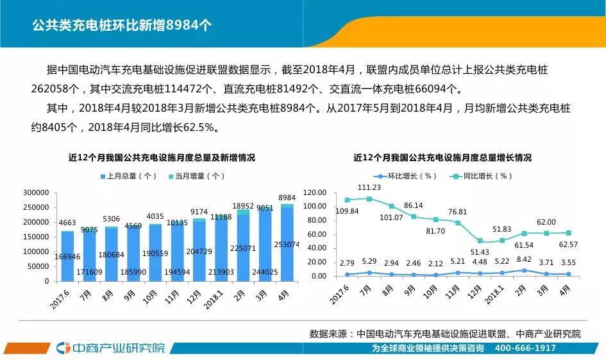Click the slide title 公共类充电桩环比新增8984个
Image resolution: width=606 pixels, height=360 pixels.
click(122, 25)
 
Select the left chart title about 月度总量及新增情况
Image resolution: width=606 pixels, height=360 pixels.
click(162, 158)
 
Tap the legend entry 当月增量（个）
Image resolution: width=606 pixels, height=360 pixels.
click(197, 175)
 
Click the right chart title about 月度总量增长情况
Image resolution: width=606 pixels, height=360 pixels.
click(442, 158)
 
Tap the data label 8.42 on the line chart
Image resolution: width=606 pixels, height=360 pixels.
click(521, 259)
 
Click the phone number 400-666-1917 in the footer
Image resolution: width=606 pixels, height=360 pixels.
click(525, 348)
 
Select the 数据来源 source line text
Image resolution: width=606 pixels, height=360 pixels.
click(444, 334)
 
